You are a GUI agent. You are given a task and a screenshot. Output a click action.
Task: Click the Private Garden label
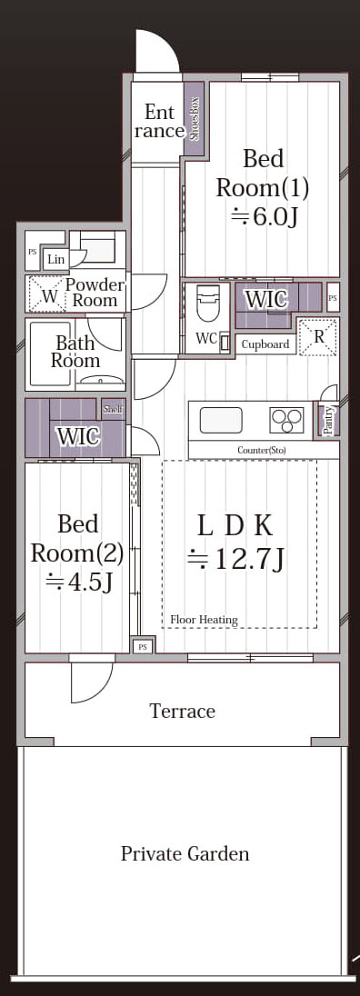click(185, 853)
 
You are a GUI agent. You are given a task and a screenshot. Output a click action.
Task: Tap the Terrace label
click(182, 711)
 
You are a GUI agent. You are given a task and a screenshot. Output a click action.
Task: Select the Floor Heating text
click(204, 620)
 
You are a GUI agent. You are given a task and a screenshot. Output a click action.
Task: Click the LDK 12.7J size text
click(235, 559)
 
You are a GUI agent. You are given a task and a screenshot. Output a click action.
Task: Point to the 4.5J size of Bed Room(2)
click(79, 582)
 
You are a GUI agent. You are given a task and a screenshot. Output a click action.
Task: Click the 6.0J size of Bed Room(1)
click(264, 217)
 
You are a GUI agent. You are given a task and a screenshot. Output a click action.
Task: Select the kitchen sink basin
click(221, 420)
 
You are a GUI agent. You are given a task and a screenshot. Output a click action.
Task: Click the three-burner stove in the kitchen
click(286, 420)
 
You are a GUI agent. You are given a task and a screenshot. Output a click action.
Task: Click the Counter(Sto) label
click(262, 451)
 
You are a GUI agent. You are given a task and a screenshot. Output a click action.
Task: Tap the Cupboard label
click(265, 345)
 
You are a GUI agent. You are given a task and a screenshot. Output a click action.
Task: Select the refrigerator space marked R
click(319, 336)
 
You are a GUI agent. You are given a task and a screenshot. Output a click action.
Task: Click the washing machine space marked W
click(47, 294)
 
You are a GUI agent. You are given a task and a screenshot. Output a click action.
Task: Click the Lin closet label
click(55, 260)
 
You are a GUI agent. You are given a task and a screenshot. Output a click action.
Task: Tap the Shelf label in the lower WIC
click(113, 409)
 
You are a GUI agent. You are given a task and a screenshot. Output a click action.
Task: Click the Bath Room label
click(75, 352)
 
